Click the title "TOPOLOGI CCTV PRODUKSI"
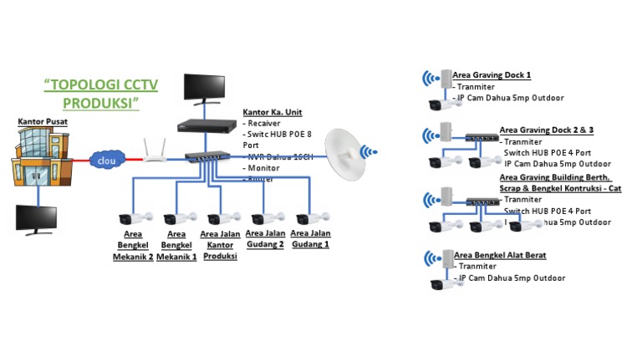100,93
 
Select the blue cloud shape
106,159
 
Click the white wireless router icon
154,152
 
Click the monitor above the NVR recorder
203,89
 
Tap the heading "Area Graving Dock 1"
492,75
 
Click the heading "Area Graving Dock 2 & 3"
547,130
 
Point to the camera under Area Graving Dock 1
445,105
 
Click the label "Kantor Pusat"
43,122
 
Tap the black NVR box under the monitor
203,126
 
